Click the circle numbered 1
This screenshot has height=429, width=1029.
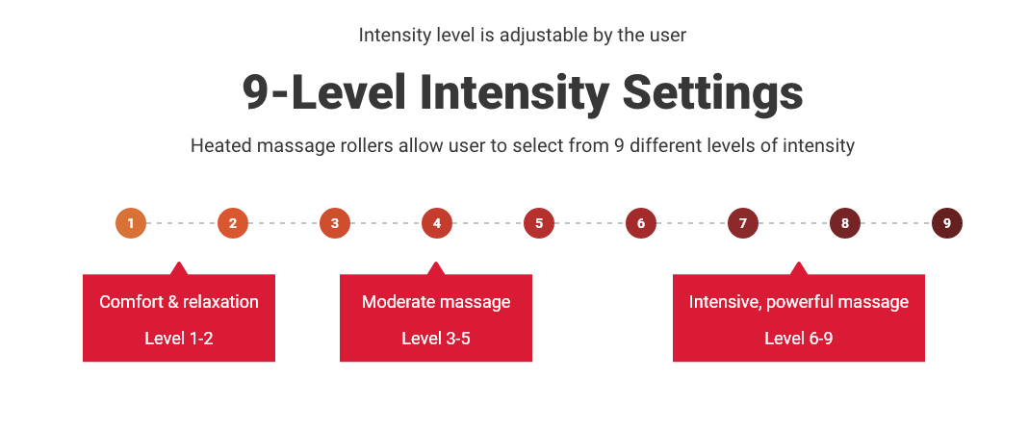click(x=131, y=223)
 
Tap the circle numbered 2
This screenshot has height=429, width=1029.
click(x=233, y=223)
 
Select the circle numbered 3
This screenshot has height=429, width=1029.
click(x=335, y=223)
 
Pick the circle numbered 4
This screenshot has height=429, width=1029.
click(x=437, y=223)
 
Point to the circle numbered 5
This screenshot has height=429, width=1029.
click(x=539, y=223)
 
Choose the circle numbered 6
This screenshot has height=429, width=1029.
click(x=641, y=223)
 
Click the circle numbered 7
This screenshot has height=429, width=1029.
click(x=743, y=223)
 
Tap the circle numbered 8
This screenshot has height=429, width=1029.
click(x=845, y=223)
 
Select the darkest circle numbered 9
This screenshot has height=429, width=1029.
click(x=947, y=223)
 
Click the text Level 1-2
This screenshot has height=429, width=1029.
click(x=179, y=339)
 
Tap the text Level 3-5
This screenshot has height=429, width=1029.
click(x=436, y=339)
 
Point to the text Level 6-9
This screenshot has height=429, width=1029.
click(x=799, y=339)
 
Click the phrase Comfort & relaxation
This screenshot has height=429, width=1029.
click(x=179, y=302)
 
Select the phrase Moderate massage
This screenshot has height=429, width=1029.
click(x=436, y=302)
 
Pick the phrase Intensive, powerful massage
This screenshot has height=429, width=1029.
click(x=799, y=302)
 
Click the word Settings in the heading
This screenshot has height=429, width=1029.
click(x=712, y=93)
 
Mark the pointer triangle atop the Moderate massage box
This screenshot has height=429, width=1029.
click(x=436, y=268)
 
